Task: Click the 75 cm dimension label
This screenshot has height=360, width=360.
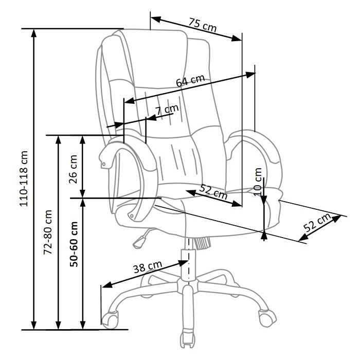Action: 203,25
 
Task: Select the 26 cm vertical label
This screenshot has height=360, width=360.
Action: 73,169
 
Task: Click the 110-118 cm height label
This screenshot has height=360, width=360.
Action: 24,178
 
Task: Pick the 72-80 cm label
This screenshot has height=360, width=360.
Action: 48,232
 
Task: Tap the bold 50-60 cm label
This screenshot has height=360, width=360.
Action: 74,244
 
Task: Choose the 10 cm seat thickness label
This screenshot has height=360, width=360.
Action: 258,182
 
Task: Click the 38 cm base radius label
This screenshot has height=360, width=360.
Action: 148,267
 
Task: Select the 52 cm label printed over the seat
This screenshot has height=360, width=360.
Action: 213,192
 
